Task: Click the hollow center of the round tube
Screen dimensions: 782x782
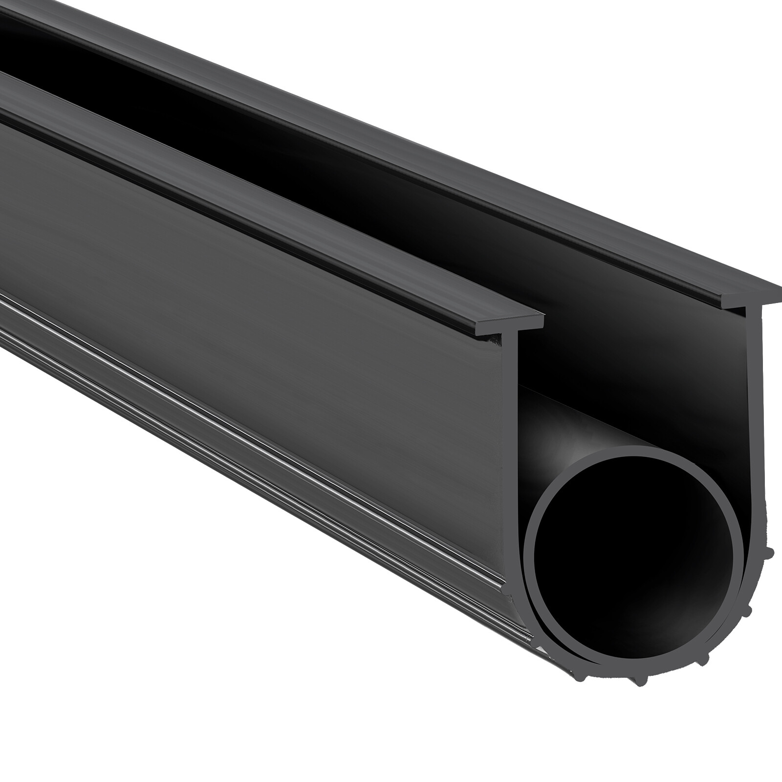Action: point(635,552)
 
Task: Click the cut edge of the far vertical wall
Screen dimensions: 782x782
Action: point(755,391)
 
